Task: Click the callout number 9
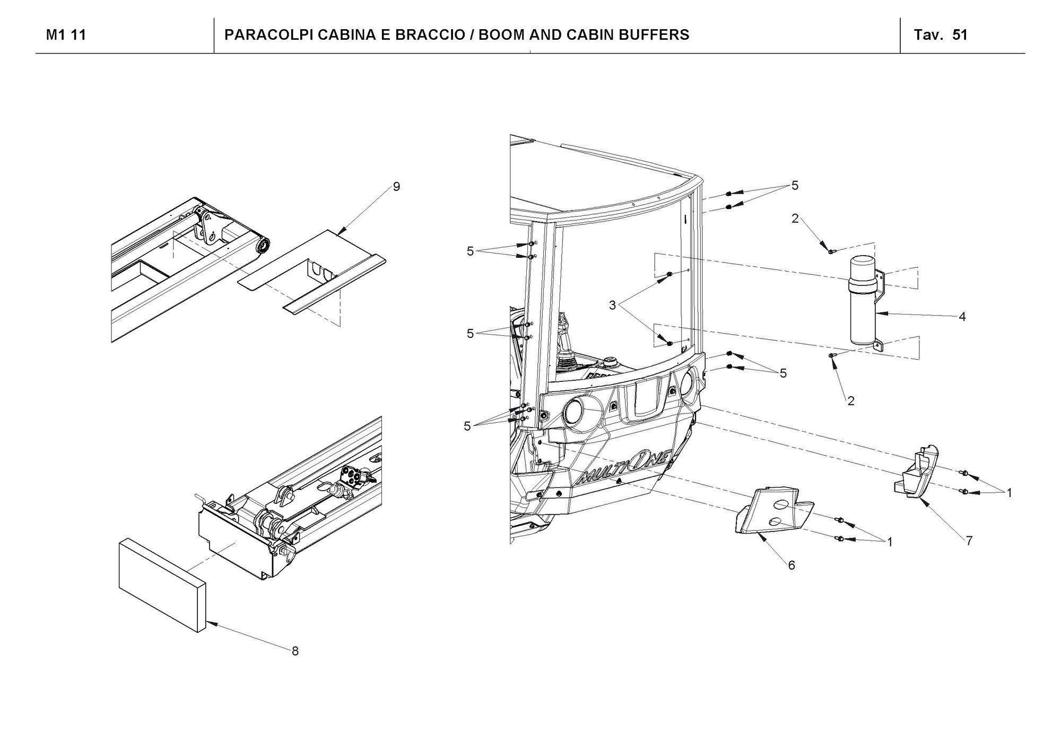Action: tap(396, 187)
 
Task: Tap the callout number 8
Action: tap(295, 651)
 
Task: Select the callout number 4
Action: tap(962, 317)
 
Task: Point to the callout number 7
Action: tap(969, 540)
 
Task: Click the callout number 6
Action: tap(791, 565)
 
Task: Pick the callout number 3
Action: tap(612, 306)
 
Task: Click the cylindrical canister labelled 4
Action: tap(864, 302)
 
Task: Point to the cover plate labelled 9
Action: tap(313, 265)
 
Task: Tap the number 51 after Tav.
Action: tap(960, 35)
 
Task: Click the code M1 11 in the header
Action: tap(66, 35)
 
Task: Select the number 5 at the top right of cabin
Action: tap(795, 186)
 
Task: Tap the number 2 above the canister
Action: tap(795, 219)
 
